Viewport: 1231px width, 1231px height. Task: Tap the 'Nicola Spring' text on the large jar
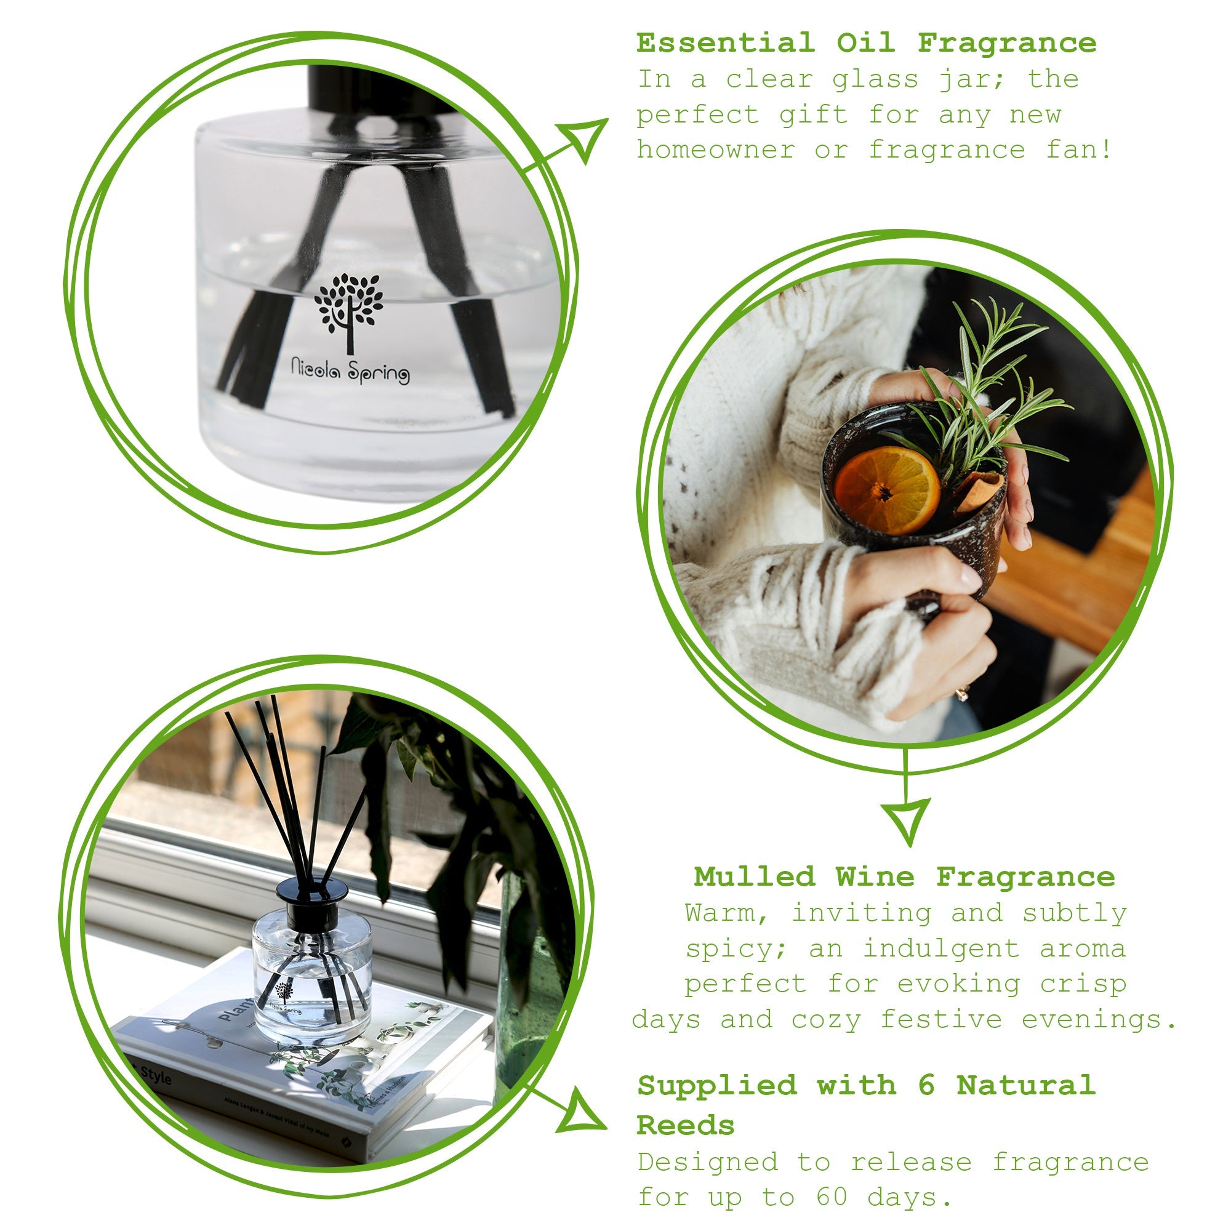click(x=350, y=370)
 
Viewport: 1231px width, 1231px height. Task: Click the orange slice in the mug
click(x=887, y=490)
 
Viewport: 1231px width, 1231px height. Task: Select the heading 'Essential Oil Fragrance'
click(x=867, y=43)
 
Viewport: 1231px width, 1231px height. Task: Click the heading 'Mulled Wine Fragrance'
click(x=904, y=876)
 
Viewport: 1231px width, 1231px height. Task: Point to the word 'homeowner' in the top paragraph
click(x=716, y=150)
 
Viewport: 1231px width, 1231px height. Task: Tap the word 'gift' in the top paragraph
click(x=814, y=115)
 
